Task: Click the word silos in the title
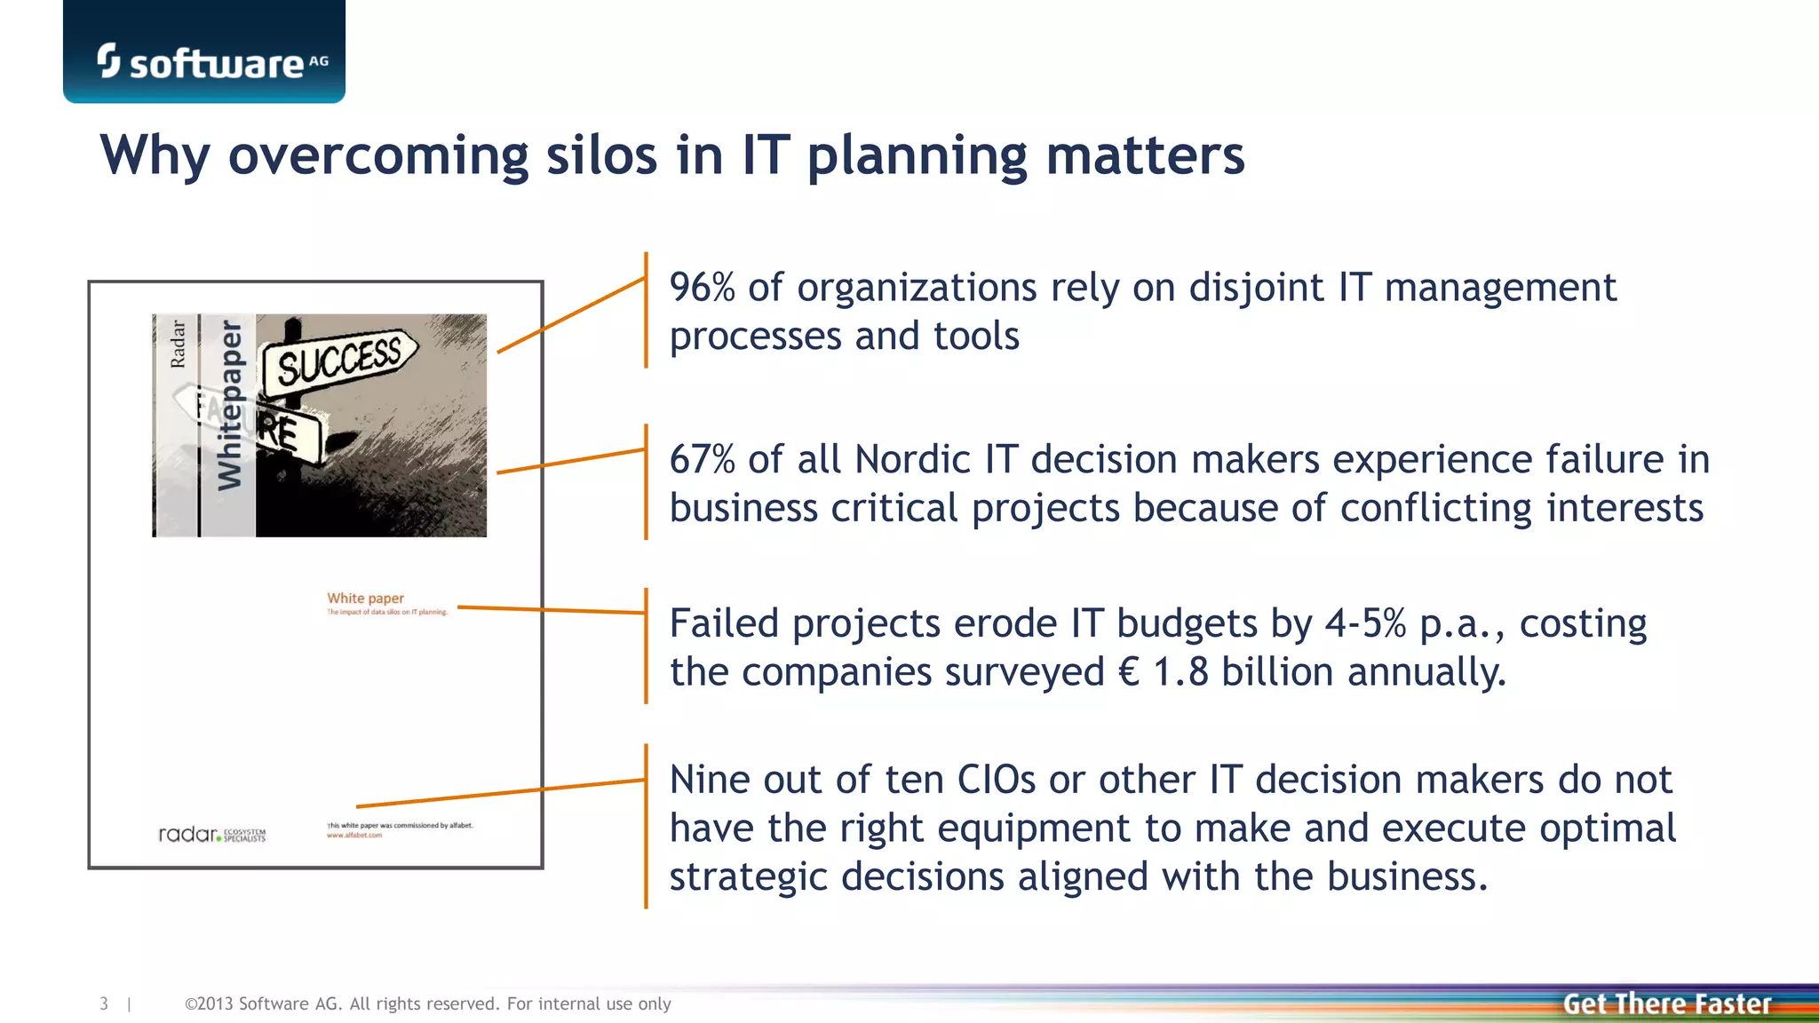pos(601,155)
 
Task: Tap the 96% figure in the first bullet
pos(702,288)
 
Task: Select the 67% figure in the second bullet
pos(702,460)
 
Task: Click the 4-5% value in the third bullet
pos(1365,623)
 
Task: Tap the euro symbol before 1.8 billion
pos(1129,672)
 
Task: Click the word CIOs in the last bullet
pos(996,781)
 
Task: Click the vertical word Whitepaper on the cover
pos(229,405)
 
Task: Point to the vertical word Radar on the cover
pos(178,345)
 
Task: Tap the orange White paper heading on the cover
pos(365,599)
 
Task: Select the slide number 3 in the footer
pos(104,1004)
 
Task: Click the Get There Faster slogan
pos(1666,1004)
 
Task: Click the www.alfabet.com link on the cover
pos(354,836)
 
